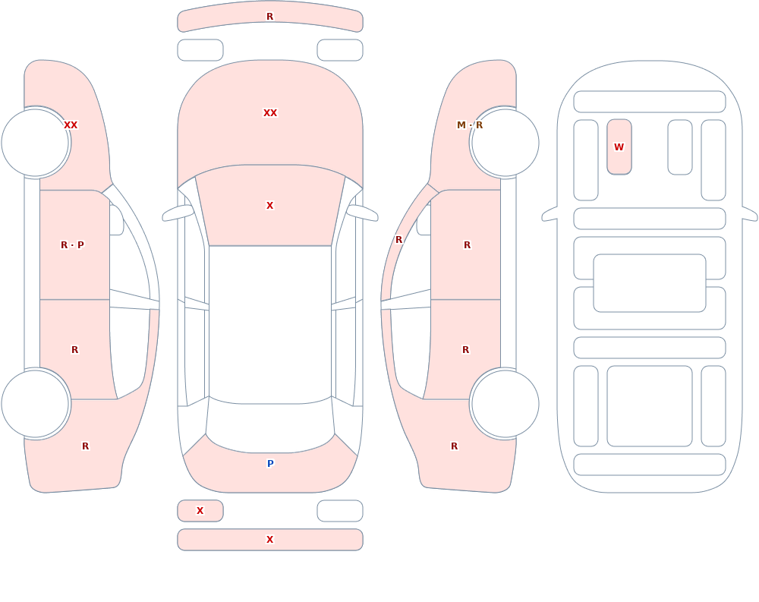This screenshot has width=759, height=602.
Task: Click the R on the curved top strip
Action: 269,17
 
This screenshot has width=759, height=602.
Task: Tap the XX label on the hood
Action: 270,113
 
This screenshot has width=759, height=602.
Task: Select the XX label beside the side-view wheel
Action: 71,125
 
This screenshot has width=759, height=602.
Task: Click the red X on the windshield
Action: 269,206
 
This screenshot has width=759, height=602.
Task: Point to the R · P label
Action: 72,245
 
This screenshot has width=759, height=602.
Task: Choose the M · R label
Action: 470,125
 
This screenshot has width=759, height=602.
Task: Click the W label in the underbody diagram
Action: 619,147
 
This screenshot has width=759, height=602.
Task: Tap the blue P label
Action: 270,464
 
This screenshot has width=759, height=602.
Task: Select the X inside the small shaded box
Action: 200,510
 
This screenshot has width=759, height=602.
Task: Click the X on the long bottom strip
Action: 269,540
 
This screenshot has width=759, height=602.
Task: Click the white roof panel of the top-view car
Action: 270,324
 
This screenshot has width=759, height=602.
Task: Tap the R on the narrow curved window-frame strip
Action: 398,240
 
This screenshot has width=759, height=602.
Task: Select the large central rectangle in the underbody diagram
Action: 650,283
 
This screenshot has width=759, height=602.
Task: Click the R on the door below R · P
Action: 74,350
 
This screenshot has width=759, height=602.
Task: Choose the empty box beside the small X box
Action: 340,511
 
